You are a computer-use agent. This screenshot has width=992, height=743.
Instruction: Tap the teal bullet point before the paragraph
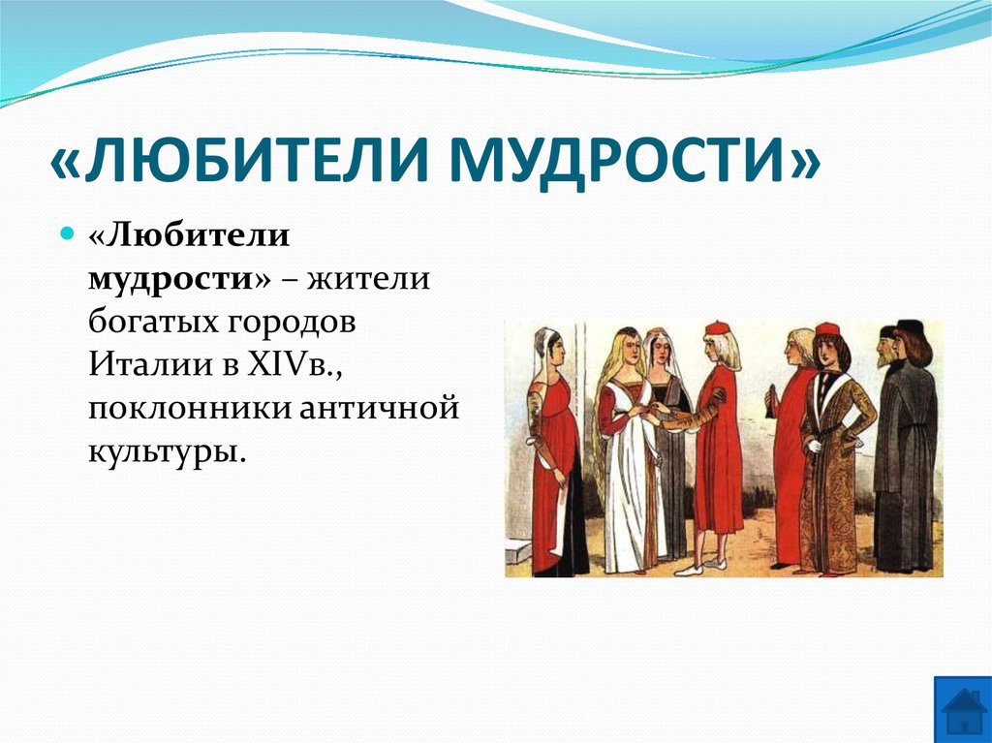pyautogui.click(x=68, y=235)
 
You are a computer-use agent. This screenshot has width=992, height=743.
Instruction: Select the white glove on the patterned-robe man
pyautogui.click(x=815, y=447)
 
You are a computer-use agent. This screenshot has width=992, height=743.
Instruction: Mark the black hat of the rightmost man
pyautogui.click(x=910, y=326)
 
